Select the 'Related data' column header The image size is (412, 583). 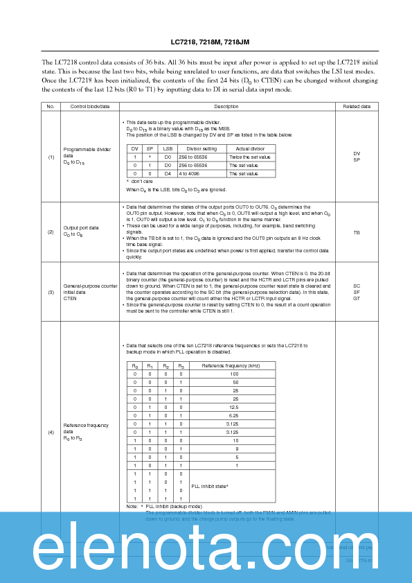(x=357, y=107)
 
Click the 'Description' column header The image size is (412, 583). (x=226, y=107)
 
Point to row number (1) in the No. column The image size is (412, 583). (x=51, y=157)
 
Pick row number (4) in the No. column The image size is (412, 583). (x=51, y=433)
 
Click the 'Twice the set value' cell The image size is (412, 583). (x=250, y=157)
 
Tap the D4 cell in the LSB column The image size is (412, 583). (x=168, y=173)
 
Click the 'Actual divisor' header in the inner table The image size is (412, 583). (x=250, y=149)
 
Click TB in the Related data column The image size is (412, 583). (x=357, y=233)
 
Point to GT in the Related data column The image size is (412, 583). (x=357, y=297)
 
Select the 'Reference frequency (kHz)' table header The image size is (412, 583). (x=231, y=365)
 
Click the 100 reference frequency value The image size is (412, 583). (x=235, y=374)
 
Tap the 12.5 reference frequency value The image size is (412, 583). (x=235, y=406)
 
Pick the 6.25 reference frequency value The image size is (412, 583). (x=235, y=415)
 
